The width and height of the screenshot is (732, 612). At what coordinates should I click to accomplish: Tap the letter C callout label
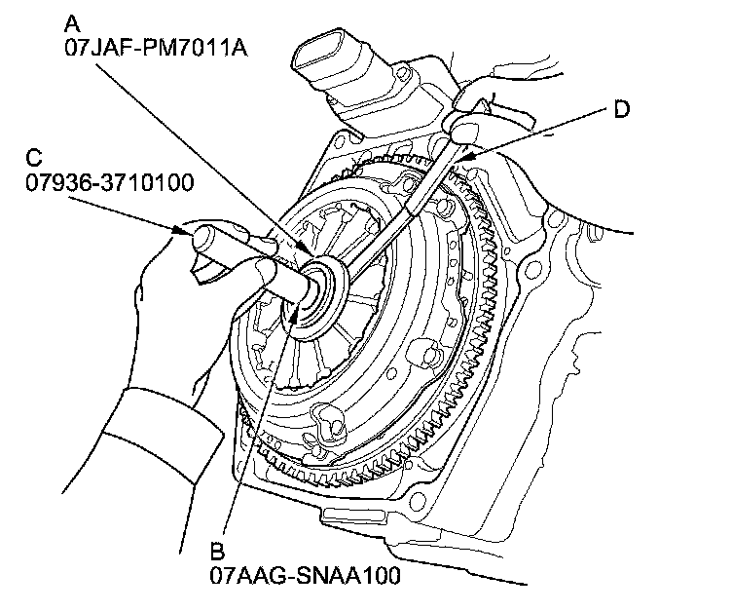tap(35, 156)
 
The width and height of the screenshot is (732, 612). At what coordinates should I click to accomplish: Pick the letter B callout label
tap(217, 551)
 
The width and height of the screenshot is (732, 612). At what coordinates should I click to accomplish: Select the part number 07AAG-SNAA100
tap(305, 575)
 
